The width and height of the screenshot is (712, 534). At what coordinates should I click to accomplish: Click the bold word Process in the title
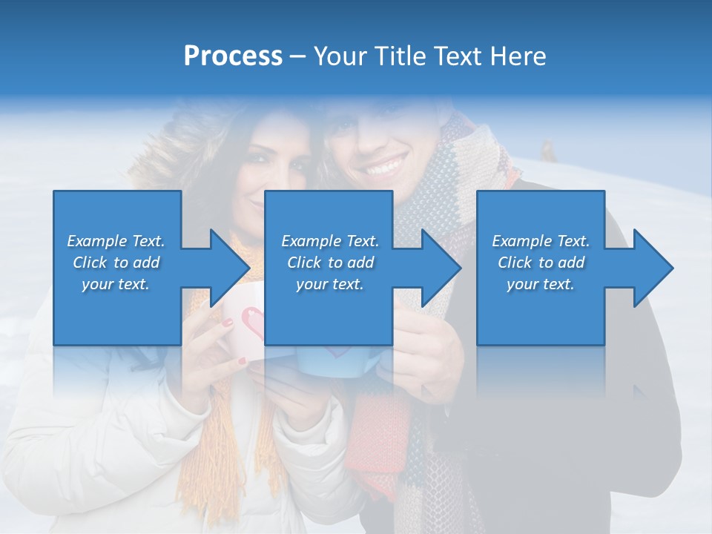point(233,56)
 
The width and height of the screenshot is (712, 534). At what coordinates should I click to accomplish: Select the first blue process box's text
point(116,263)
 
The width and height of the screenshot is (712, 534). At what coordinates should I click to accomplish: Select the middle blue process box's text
point(329,263)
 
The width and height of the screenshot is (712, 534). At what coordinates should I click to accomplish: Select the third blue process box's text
point(541,263)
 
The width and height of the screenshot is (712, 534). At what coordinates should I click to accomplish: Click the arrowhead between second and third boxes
point(441,268)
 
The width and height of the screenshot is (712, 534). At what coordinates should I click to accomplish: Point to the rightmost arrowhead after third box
point(653,268)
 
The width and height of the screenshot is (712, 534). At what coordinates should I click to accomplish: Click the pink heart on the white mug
point(254,323)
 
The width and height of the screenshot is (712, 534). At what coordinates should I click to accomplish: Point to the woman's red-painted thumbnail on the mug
point(228,323)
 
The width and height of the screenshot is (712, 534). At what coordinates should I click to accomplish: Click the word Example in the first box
point(97,241)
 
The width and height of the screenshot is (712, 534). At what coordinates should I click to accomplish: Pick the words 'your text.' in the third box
point(541,284)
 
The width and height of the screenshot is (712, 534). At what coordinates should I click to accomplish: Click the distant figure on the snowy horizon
point(549,150)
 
